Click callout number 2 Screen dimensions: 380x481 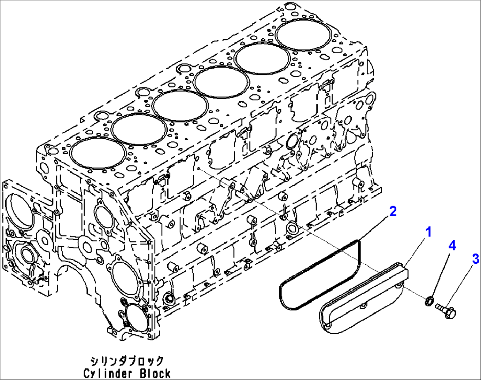click(392, 211)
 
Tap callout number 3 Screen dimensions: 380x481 click(475, 259)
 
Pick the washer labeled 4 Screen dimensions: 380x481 click(428, 302)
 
